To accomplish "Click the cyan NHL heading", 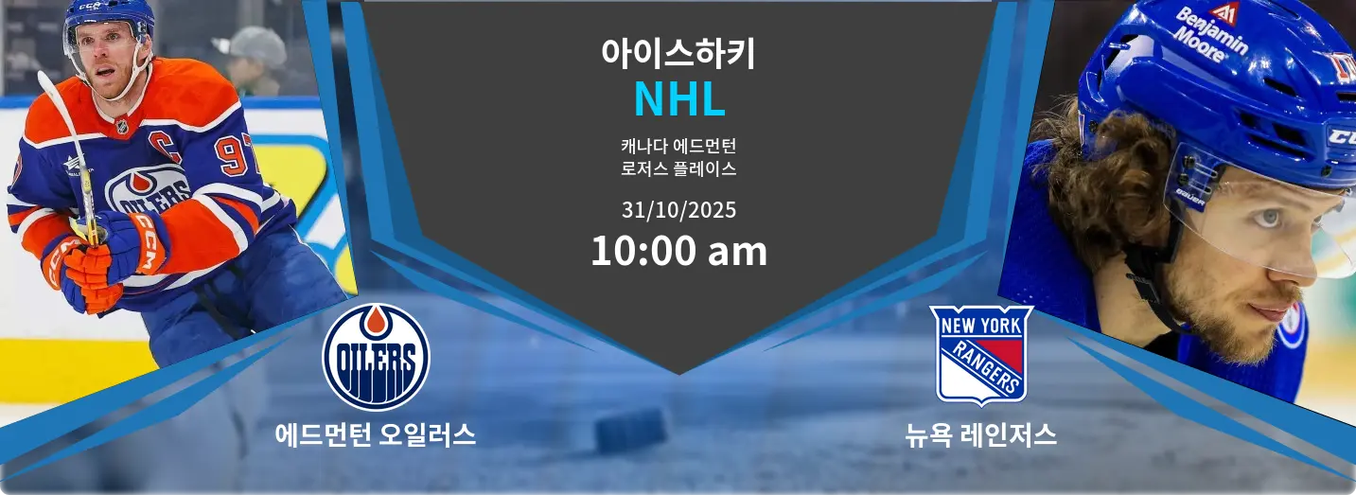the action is [x=679, y=99].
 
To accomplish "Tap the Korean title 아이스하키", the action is [x=678, y=53].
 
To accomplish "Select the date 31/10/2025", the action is [x=678, y=210].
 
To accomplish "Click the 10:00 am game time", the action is [x=678, y=251].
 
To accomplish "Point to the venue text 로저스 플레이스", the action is [x=678, y=168].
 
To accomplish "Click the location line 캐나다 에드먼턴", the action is [x=678, y=146].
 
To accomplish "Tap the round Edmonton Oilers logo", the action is [x=376, y=357].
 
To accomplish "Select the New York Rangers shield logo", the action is [x=981, y=355].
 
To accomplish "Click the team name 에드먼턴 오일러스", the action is [x=376, y=435].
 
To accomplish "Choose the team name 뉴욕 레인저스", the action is [x=981, y=435].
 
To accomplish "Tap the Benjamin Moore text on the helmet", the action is [x=1209, y=34].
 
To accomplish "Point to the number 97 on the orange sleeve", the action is [x=235, y=153].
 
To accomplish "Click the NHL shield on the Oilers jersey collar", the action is [x=122, y=127].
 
